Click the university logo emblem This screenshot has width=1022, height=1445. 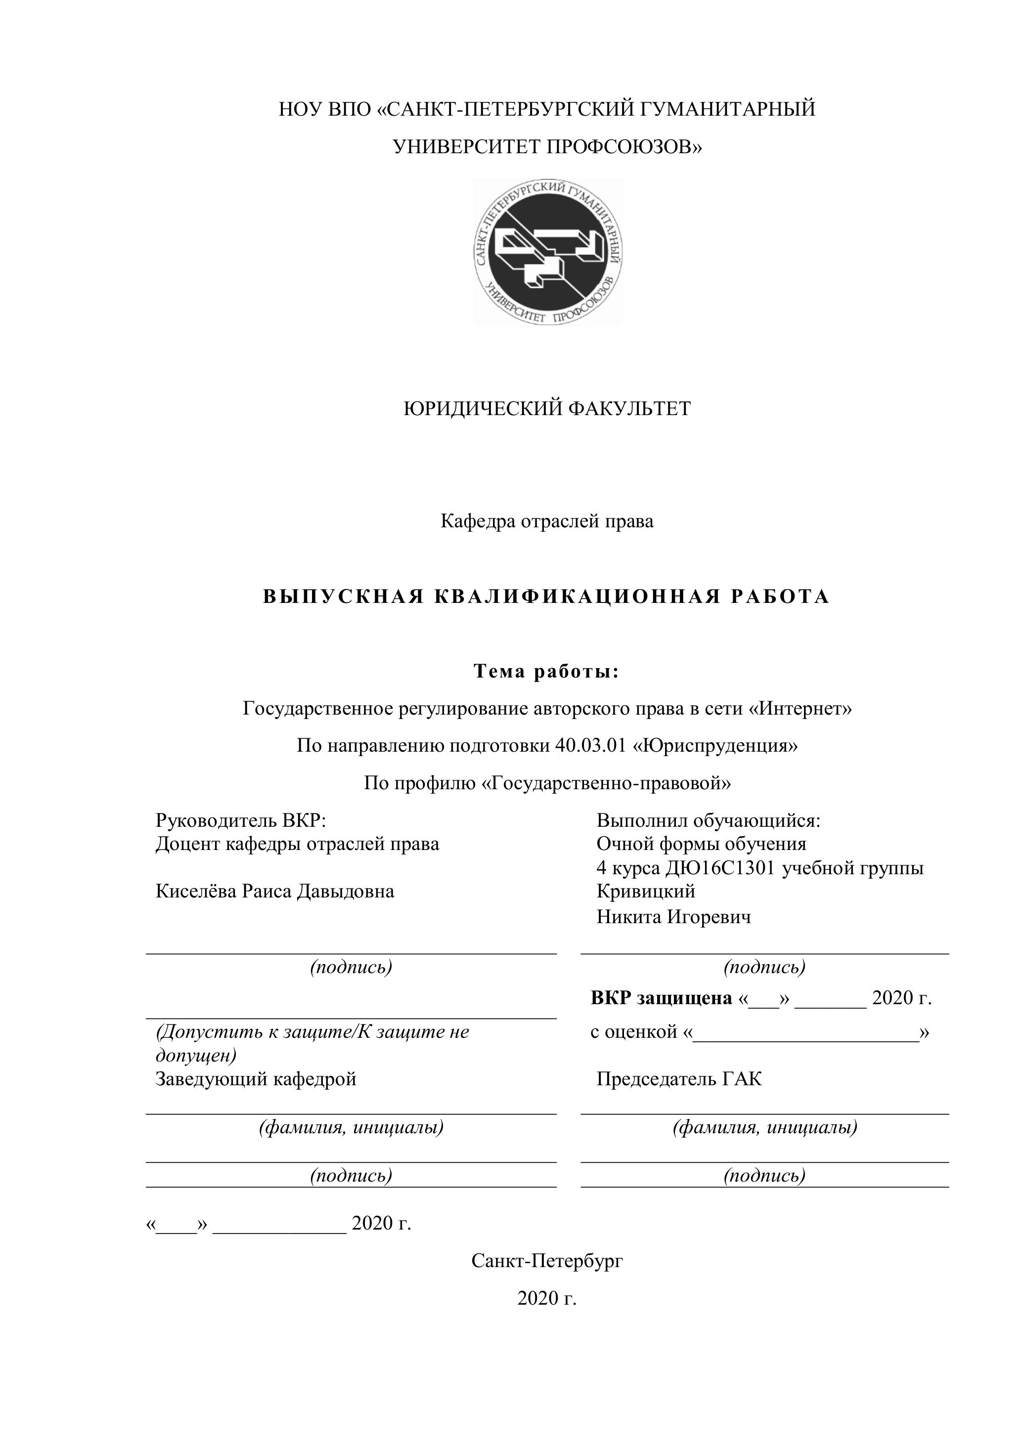tap(548, 252)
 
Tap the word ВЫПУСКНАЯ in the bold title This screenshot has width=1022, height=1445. tap(343, 596)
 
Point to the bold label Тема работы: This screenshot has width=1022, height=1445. tap(546, 672)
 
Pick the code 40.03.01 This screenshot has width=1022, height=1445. tap(591, 746)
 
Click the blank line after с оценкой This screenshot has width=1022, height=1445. tap(806, 1032)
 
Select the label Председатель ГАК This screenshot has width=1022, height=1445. tap(679, 1079)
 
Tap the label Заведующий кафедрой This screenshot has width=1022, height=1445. tap(256, 1079)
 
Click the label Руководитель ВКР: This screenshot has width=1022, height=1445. tap(241, 821)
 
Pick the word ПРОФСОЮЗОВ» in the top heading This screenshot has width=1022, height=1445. tap(623, 147)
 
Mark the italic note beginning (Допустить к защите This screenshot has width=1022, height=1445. tap(311, 1033)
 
